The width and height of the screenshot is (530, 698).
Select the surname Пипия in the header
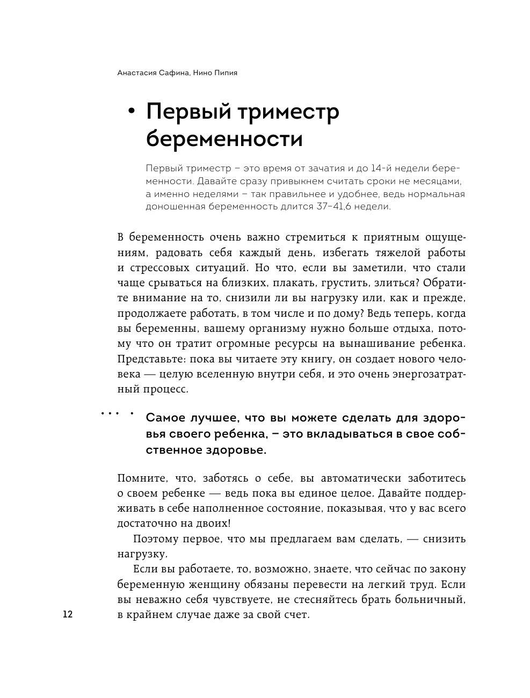tap(225, 73)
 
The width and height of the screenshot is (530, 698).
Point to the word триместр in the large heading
tap(289, 112)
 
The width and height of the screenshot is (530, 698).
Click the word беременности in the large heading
tap(224, 139)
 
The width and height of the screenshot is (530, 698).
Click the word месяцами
tap(435, 180)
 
